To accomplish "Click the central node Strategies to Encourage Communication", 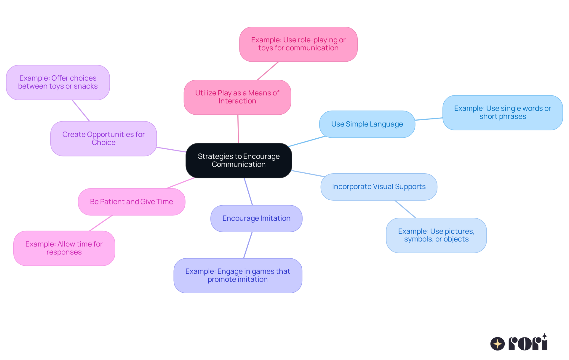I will coord(239,160).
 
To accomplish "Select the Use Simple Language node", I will coord(367,124).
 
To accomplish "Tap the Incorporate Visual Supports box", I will coord(379,187).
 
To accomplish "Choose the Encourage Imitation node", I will coord(256,218).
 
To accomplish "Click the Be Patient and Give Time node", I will coord(132,202).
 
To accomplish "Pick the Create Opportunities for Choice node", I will coord(103,138).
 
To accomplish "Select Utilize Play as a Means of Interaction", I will coord(237,97).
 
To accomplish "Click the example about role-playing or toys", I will coord(298,44).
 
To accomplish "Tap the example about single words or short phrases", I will coord(502,113).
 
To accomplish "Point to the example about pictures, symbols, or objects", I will coord(436,235).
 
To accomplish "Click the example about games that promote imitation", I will coord(238,275).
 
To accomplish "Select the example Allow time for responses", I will coord(64,248).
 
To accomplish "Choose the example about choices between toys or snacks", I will coord(58,82).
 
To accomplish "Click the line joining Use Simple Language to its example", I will coord(429,119).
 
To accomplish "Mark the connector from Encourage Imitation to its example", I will coord(248,245).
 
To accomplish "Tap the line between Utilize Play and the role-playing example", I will coord(268,71).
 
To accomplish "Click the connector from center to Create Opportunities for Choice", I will coord(171,150).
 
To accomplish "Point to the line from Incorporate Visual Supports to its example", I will coord(405,209).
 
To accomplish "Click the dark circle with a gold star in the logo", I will coord(497,344).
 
